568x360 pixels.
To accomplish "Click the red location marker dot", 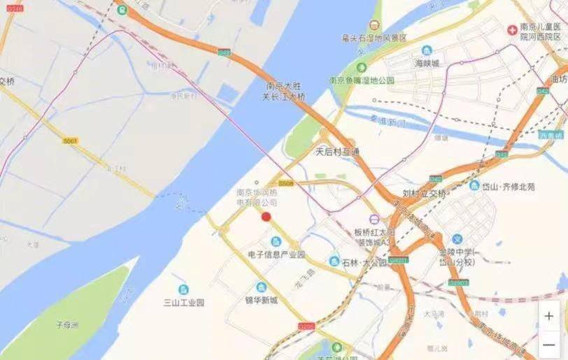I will (x=266, y=217).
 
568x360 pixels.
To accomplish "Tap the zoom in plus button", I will (x=549, y=316).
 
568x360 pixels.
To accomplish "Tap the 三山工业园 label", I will (x=183, y=303).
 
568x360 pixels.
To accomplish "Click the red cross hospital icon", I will (x=512, y=30).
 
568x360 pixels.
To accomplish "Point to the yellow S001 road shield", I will (x=70, y=141).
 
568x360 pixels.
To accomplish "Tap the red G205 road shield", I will (x=306, y=325).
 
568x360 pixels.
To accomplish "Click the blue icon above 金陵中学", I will (x=457, y=239).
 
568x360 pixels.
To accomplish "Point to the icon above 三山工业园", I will (x=183, y=289).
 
